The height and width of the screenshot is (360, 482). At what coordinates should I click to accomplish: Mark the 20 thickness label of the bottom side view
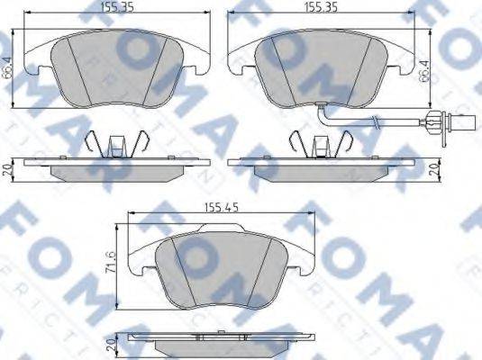point(109,344)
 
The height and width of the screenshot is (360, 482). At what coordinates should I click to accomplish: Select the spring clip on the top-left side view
point(114,144)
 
